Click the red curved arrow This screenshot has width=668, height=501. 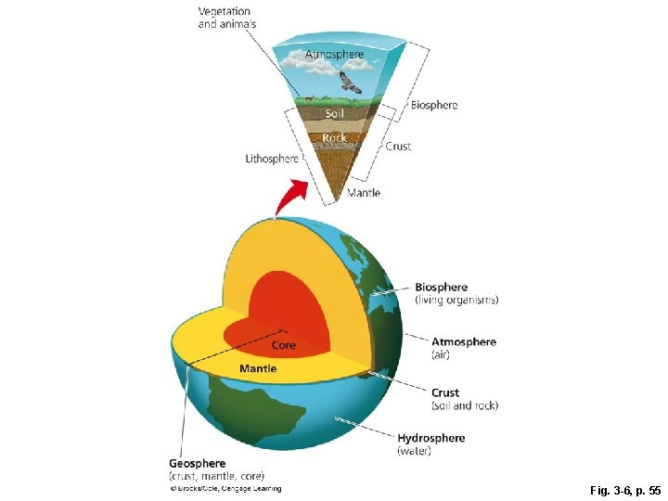point(296,194)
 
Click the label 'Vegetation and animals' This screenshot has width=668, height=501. point(227,18)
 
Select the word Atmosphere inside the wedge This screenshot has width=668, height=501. point(335,55)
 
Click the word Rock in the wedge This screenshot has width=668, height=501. point(334,137)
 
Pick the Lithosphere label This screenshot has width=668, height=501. point(272,159)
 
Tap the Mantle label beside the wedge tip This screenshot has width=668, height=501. point(364,193)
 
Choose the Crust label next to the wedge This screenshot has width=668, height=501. point(398,146)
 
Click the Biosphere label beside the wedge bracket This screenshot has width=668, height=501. point(434,105)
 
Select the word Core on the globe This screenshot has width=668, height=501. point(284,345)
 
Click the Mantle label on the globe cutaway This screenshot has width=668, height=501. point(258,368)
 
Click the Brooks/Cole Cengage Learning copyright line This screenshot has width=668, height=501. point(225,488)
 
